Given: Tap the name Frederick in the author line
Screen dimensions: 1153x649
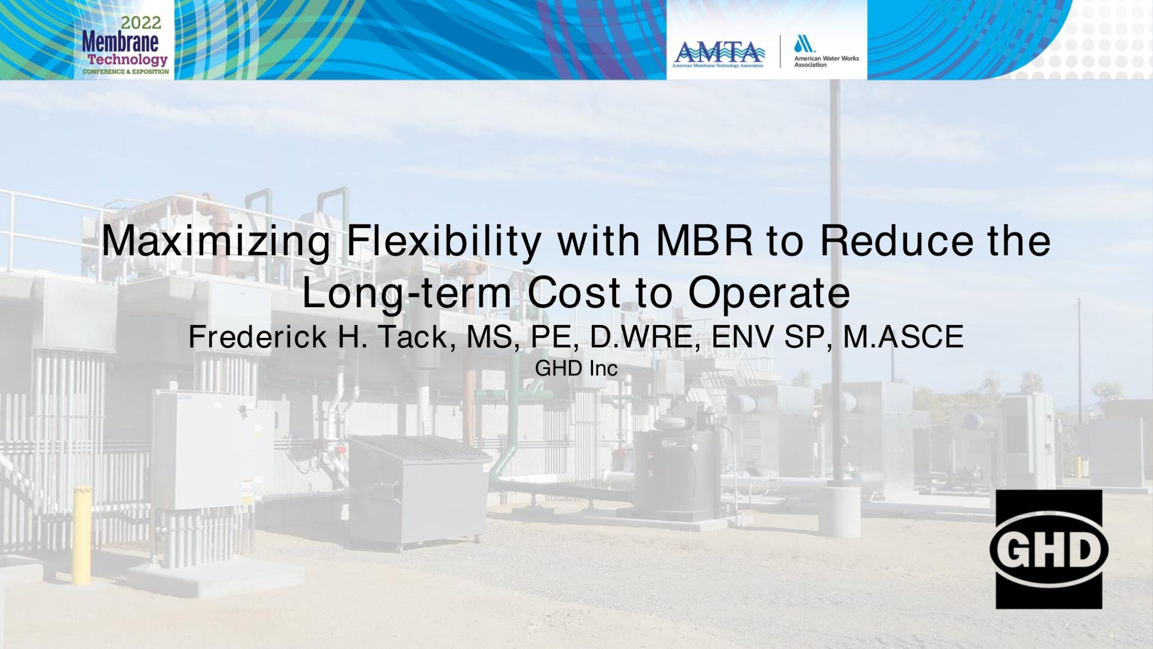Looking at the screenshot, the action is [x=258, y=337].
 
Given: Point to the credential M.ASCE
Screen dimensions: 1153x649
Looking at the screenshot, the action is [x=903, y=337].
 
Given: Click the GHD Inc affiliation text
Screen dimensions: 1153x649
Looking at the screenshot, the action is [x=576, y=369].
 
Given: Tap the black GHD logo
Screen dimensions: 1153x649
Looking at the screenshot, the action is [x=1049, y=549].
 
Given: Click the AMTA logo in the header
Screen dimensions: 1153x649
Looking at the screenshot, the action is [x=719, y=54].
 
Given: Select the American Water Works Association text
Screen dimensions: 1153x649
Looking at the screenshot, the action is [x=826, y=61].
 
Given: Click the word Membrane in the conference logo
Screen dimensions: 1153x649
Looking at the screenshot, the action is [x=120, y=42].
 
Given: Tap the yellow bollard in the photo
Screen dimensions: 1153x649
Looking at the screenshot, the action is [x=82, y=535].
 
